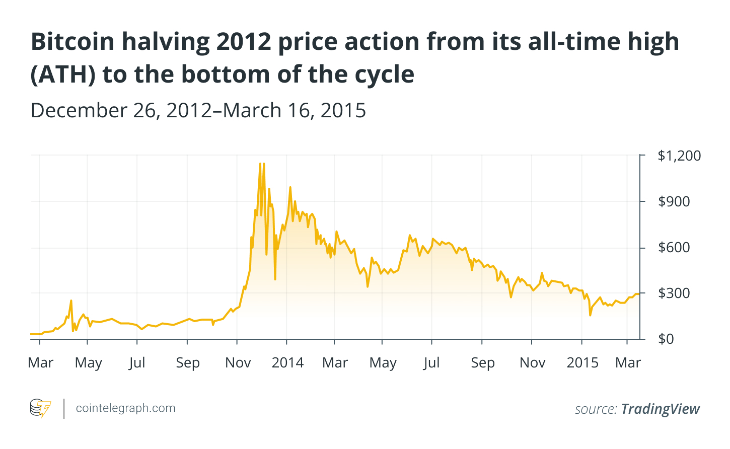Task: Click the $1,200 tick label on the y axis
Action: point(679,156)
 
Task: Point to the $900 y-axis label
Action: point(674,201)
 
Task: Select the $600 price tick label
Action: point(674,247)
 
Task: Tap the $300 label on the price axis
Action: point(674,293)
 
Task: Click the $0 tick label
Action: point(666,339)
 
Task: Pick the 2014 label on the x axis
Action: point(287,362)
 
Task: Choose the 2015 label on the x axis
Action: point(582,362)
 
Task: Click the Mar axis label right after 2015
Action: point(628,362)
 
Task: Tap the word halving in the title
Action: point(163,41)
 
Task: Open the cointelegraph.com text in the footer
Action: point(125,408)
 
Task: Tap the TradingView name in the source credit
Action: point(660,409)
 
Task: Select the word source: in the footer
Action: point(596,409)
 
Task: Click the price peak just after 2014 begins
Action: point(290,187)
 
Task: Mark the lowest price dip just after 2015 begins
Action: point(590,315)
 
